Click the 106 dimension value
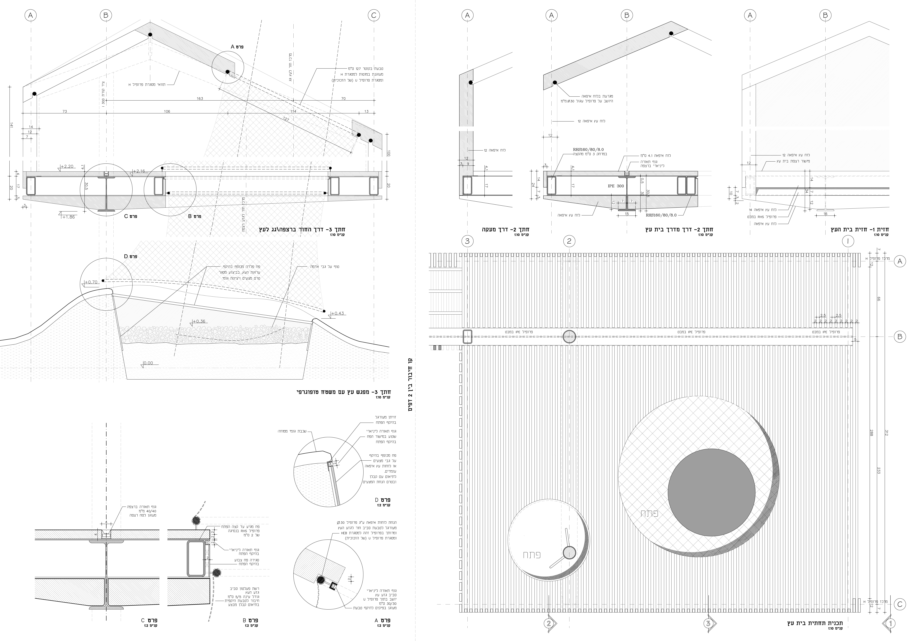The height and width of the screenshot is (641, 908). [167, 111]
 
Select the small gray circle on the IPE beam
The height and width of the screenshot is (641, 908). [569, 336]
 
